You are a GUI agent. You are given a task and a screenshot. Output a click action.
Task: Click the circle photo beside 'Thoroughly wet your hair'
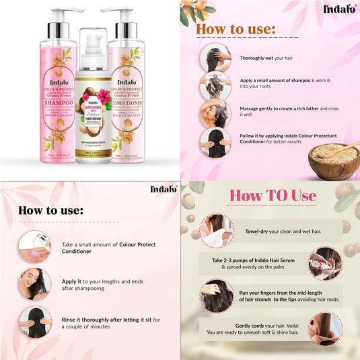[x=215, y=58]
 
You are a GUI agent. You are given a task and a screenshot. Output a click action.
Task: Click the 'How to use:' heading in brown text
[x=236, y=30]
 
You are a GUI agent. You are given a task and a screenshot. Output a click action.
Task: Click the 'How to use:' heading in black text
[x=50, y=209]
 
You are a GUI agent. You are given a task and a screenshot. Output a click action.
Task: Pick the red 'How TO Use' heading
[x=273, y=196]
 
